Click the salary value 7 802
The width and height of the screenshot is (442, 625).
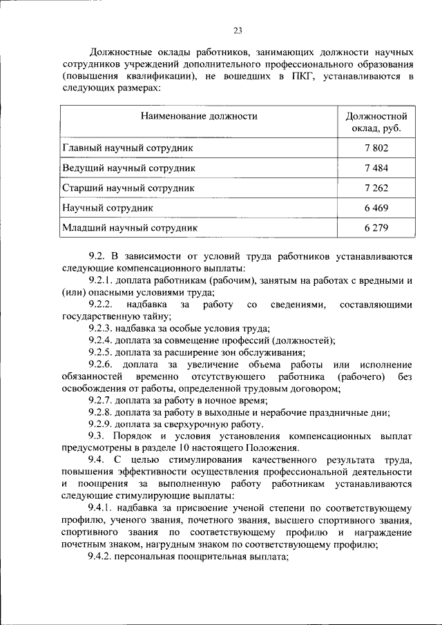coord(377,148)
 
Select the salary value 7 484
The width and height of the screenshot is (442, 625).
coord(377,168)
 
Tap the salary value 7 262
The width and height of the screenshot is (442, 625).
coord(377,187)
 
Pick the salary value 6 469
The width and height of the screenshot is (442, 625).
coord(377,207)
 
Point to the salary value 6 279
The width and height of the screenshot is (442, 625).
coord(377,227)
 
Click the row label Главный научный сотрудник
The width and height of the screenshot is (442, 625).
coord(128,148)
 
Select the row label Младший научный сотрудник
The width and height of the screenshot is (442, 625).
coord(130,227)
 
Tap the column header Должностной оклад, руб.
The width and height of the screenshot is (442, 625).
coord(377,122)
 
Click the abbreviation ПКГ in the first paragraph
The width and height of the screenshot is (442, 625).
coord(299,76)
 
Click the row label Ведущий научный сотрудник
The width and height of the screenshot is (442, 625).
coord(129,168)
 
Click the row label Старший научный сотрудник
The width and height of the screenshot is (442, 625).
coord(128,187)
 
